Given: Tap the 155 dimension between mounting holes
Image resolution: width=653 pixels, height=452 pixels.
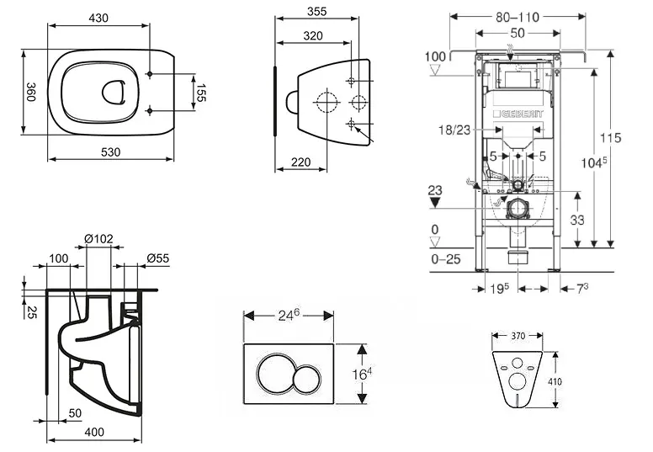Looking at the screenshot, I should coord(201,92).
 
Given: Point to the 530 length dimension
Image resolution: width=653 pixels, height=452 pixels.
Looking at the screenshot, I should coord(111,152).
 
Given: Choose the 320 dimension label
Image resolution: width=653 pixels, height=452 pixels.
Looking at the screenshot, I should coord(312,35).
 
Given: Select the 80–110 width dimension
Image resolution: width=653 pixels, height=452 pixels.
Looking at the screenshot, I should coord(518,15).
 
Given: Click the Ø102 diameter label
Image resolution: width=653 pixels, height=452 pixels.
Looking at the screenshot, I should coord(99,238).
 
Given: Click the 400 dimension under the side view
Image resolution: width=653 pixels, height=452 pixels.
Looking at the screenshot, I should coord(93,432).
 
